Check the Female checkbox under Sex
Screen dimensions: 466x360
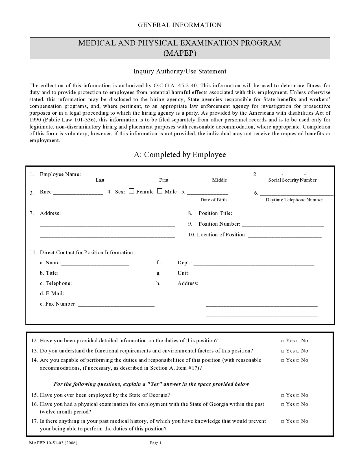point(131,191)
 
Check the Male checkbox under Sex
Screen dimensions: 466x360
point(160,191)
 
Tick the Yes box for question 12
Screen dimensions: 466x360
point(283,341)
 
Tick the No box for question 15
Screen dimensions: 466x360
point(298,395)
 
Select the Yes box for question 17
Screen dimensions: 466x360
point(283,421)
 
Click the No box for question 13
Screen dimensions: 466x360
point(298,351)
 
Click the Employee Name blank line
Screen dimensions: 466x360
point(158,175)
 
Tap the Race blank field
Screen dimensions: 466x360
point(78,192)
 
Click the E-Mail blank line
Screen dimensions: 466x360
point(98,294)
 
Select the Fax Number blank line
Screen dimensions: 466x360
point(116,304)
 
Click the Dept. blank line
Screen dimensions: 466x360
point(254,263)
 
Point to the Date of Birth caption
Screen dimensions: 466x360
point(213,200)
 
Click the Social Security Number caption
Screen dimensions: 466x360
point(292,180)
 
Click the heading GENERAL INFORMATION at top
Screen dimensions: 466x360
point(180,25)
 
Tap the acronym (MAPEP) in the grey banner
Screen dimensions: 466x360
point(180,53)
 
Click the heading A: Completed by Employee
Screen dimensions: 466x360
point(180,154)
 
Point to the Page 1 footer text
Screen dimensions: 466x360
point(155,443)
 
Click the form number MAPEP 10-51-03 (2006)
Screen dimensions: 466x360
point(53,443)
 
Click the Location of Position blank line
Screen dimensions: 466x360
point(285,235)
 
